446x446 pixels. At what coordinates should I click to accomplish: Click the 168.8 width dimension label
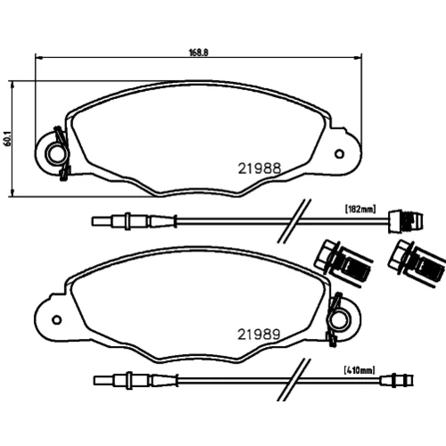(x=199, y=53)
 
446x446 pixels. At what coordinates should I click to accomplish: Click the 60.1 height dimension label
(x=8, y=138)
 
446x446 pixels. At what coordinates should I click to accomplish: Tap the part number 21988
(x=260, y=169)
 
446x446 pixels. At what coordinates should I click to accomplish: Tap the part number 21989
(x=259, y=334)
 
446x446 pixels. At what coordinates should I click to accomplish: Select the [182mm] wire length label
(x=360, y=209)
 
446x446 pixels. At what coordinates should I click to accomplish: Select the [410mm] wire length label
(x=359, y=370)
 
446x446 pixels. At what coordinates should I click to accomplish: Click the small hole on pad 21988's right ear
(x=339, y=154)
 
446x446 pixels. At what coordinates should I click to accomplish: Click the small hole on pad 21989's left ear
(x=56, y=320)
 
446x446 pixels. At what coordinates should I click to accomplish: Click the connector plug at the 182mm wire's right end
(x=406, y=221)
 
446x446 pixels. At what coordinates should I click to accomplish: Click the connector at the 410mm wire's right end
(x=397, y=380)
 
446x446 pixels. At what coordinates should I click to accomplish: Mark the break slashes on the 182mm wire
(x=294, y=221)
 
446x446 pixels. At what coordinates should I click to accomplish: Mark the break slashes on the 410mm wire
(x=293, y=380)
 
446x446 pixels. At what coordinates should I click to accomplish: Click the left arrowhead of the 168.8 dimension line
(x=39, y=57)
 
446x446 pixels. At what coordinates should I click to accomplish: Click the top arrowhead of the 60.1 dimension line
(x=12, y=85)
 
